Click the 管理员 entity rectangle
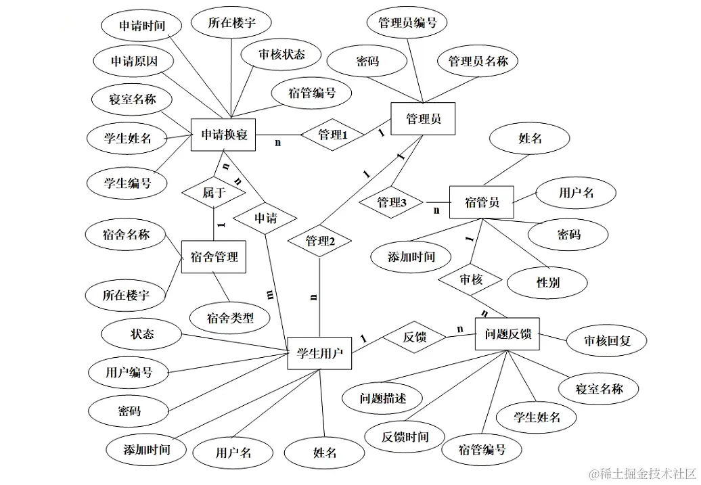[424, 119]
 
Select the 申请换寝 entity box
[224, 135]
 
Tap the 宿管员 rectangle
[482, 202]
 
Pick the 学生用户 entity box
[319, 352]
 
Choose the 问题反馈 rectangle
[507, 333]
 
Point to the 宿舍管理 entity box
[213, 257]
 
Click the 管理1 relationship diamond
[332, 135]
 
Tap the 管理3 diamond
[390, 202]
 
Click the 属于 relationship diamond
[213, 193]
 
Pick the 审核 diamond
[471, 279]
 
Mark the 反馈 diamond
[414, 337]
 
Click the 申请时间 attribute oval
[141, 26]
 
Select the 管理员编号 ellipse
[407, 22]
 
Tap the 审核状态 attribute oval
[281, 54]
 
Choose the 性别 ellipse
[548, 282]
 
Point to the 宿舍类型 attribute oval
[230, 317]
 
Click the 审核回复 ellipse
[607, 340]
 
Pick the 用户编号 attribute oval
[129, 371]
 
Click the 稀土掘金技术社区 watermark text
[642, 474]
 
